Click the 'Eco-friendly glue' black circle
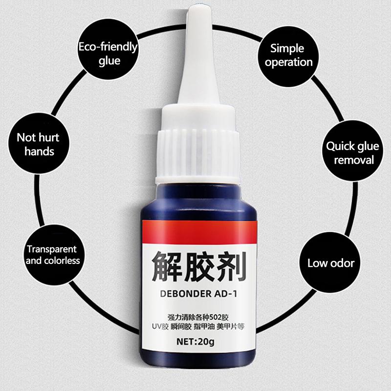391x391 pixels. coord(108,49)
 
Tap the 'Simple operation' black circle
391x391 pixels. coord(288,56)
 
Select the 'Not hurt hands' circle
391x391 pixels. coord(39,143)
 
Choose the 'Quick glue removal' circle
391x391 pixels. coord(352,151)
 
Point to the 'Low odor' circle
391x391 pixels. coord(330,262)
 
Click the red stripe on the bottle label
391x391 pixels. coord(199,232)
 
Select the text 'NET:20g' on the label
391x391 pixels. coord(195,341)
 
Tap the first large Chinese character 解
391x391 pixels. coord(167,266)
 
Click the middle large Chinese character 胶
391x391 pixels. coord(199,266)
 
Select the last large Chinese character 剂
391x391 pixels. coord(231,266)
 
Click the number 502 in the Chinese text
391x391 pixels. coord(216,317)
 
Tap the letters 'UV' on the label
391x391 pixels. coord(156,326)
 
